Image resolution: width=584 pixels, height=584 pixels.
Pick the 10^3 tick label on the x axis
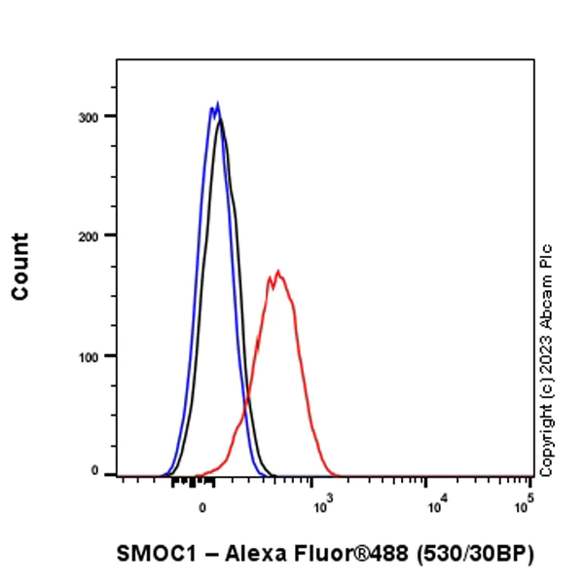pos(319,505)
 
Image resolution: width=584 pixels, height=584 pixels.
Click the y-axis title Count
pos(20,266)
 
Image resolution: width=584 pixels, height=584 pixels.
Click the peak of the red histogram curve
pos(278,273)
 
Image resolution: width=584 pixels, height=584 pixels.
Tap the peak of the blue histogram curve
pos(217,103)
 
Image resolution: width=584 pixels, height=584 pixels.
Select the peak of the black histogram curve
pos(221,121)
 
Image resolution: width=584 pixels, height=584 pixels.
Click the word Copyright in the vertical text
pos(546,434)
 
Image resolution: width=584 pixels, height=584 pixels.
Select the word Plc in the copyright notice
pos(546,254)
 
